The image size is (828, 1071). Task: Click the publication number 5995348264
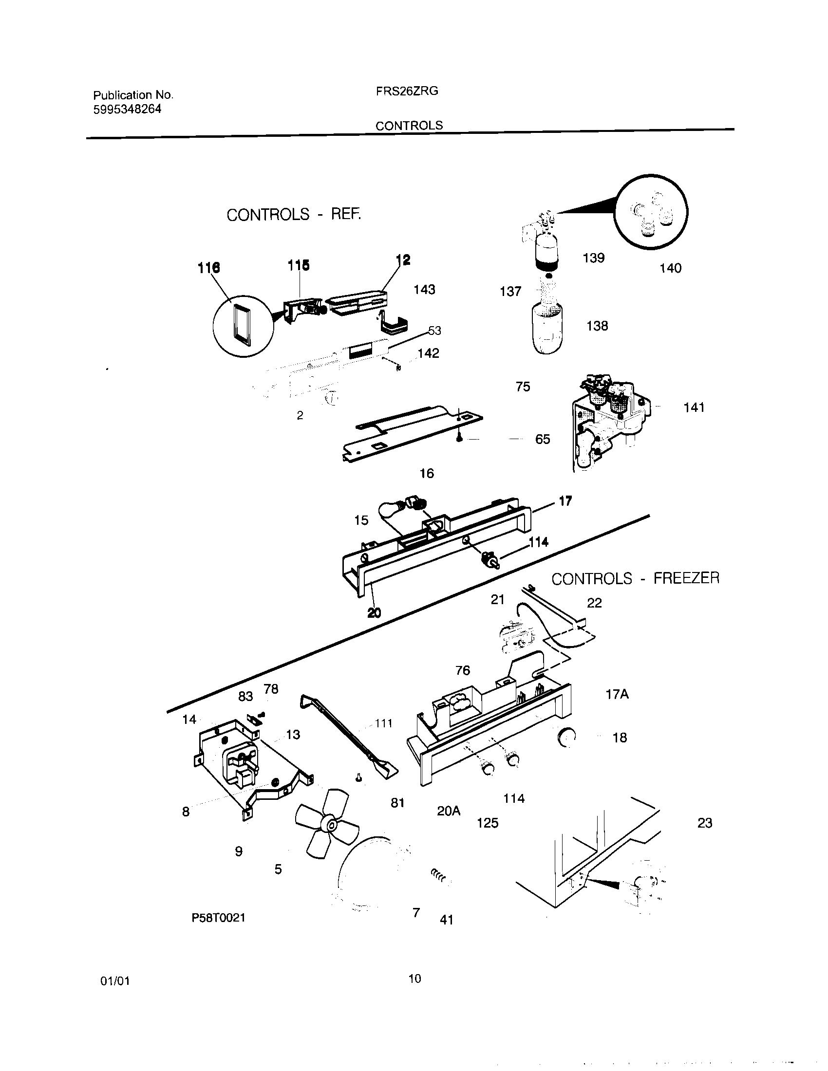[127, 110]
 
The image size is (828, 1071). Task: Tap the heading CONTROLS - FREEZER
[635, 579]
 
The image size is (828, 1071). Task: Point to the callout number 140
[670, 268]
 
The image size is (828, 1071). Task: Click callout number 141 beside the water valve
[694, 407]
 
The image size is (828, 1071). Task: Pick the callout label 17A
[617, 694]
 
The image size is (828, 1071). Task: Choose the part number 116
[208, 268]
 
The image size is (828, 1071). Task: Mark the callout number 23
[704, 823]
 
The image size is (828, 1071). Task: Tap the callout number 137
[510, 292]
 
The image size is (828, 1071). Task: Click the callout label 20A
[448, 811]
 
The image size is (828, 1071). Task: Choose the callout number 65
[542, 440]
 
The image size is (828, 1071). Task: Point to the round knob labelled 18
[567, 737]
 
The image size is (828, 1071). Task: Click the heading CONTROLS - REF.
[293, 215]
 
